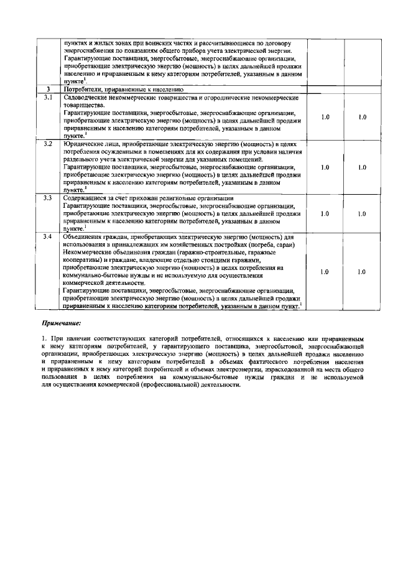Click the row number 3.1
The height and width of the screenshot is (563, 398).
point(48,98)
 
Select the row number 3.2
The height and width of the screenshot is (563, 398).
point(48,144)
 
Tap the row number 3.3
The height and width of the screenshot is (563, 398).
point(48,198)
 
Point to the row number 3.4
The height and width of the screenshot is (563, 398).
point(48,237)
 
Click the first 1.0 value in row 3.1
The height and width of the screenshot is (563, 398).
point(325,117)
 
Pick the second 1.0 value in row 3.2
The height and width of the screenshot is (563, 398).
point(363,167)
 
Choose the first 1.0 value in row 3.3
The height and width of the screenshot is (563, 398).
point(325,213)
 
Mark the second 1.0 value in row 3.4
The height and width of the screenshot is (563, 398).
point(363,272)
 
